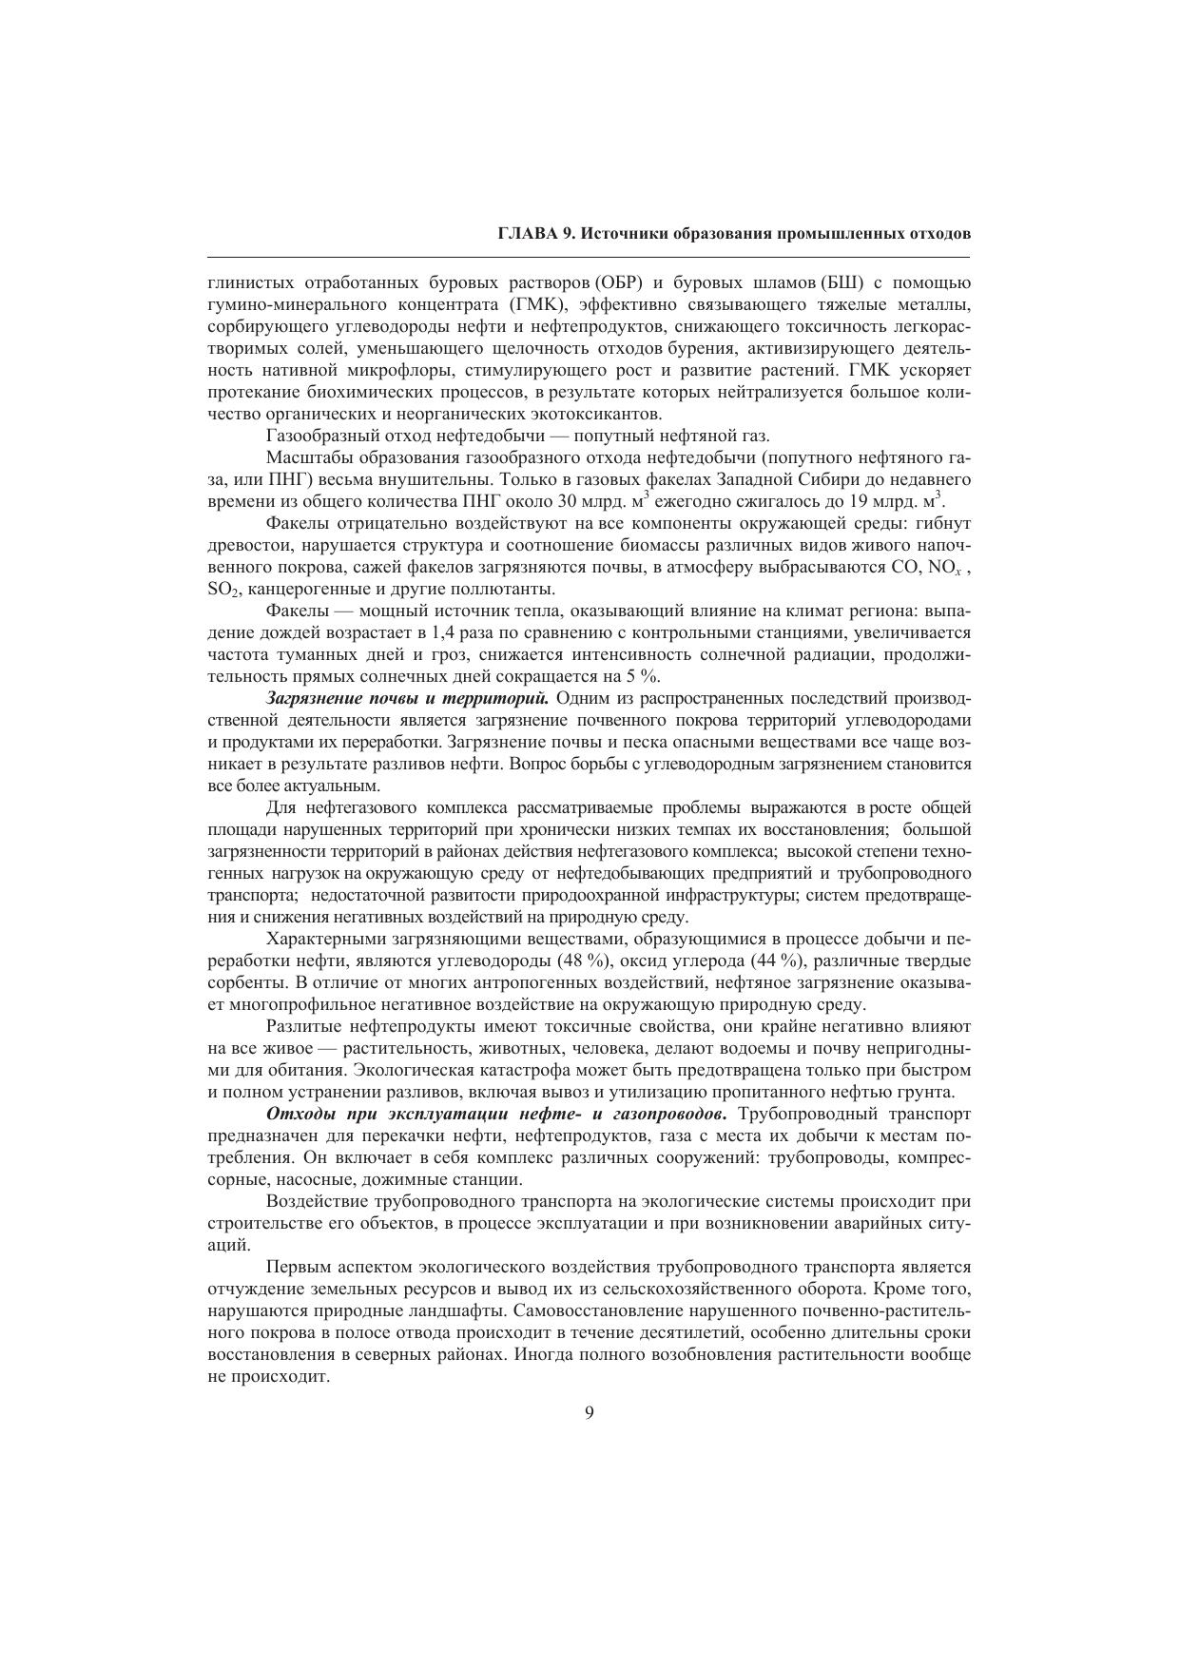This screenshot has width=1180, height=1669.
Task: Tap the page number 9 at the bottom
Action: pyautogui.click(x=590, y=1412)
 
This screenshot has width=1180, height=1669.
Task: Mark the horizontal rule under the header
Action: pyautogui.click(x=589, y=257)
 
